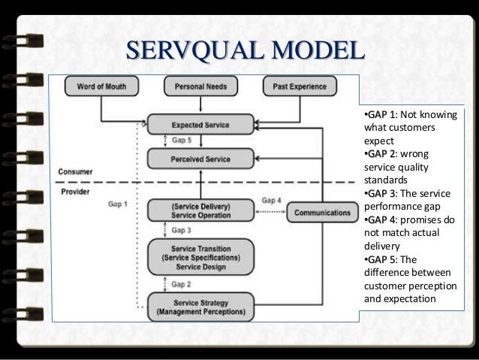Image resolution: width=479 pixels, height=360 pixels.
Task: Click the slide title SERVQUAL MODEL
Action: coord(243,52)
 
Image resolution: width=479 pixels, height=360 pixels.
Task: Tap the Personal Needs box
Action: coord(201,87)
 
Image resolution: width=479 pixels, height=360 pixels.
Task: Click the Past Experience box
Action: coord(296,87)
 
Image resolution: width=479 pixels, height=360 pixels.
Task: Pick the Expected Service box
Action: coord(200,125)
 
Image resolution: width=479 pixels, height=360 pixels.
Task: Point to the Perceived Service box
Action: coord(200,159)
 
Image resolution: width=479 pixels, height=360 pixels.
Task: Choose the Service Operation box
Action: coord(200,211)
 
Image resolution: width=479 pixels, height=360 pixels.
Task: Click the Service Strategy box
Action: coord(200,306)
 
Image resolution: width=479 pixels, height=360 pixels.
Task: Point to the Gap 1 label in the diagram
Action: coord(118,204)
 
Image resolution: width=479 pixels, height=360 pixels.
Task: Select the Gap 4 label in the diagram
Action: coord(272,200)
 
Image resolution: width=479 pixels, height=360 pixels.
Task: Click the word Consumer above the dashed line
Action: coord(77,172)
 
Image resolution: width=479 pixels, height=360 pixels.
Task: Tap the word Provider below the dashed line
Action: coord(74,192)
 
